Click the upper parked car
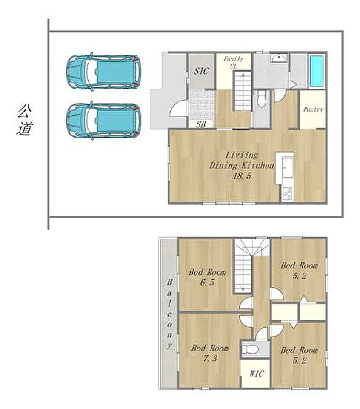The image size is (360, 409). coord(104,72)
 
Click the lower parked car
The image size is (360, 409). coord(104,121)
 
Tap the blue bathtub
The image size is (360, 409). coord(317,71)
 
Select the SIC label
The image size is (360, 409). coord(201,71)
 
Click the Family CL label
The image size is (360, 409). coord(233,63)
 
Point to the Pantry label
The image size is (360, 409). coord(313,109)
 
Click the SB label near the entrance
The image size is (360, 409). coord(201,124)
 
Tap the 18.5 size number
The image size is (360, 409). coord(242,176)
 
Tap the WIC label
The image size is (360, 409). coord(257,374)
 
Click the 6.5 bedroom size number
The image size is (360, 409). coord(207,282)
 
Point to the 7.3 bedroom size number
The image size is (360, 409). coord(210,358)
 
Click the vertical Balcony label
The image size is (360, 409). coord(170,314)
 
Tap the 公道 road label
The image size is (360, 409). coord(25,120)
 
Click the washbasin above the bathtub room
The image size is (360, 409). coord(279,58)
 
